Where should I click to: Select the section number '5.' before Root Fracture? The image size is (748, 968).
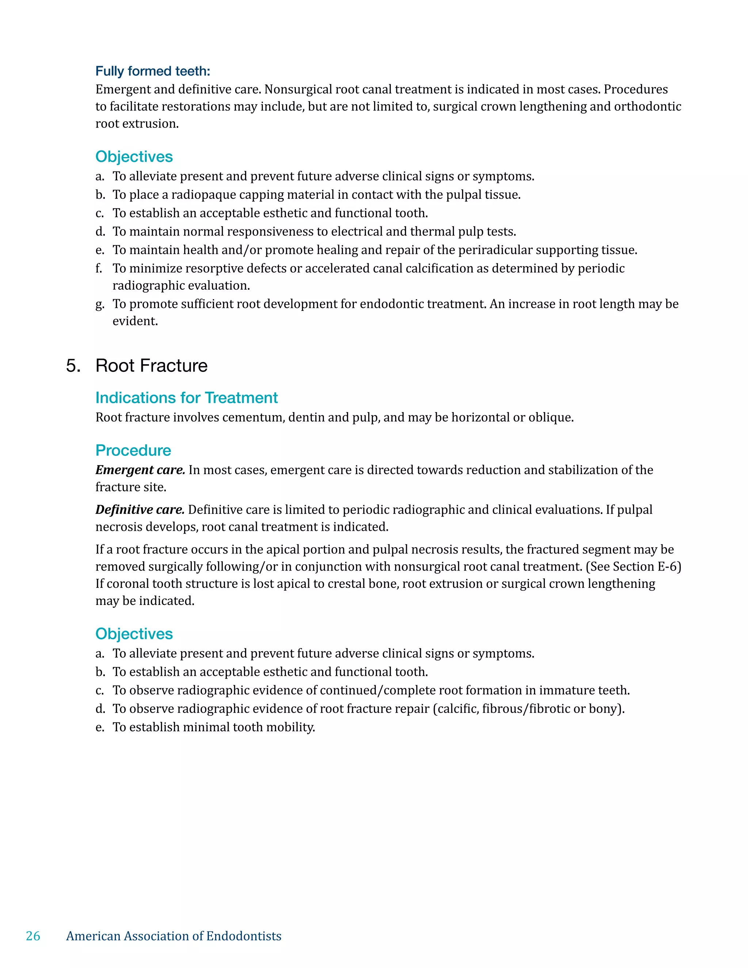coord(73,366)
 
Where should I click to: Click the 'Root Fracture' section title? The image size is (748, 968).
coord(152,366)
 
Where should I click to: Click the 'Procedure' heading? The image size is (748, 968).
coord(133,450)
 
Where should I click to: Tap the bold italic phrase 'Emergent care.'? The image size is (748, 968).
coord(140,470)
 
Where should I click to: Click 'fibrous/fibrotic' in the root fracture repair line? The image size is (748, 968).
coord(526,709)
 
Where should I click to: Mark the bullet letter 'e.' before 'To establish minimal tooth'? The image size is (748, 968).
coord(100,727)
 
